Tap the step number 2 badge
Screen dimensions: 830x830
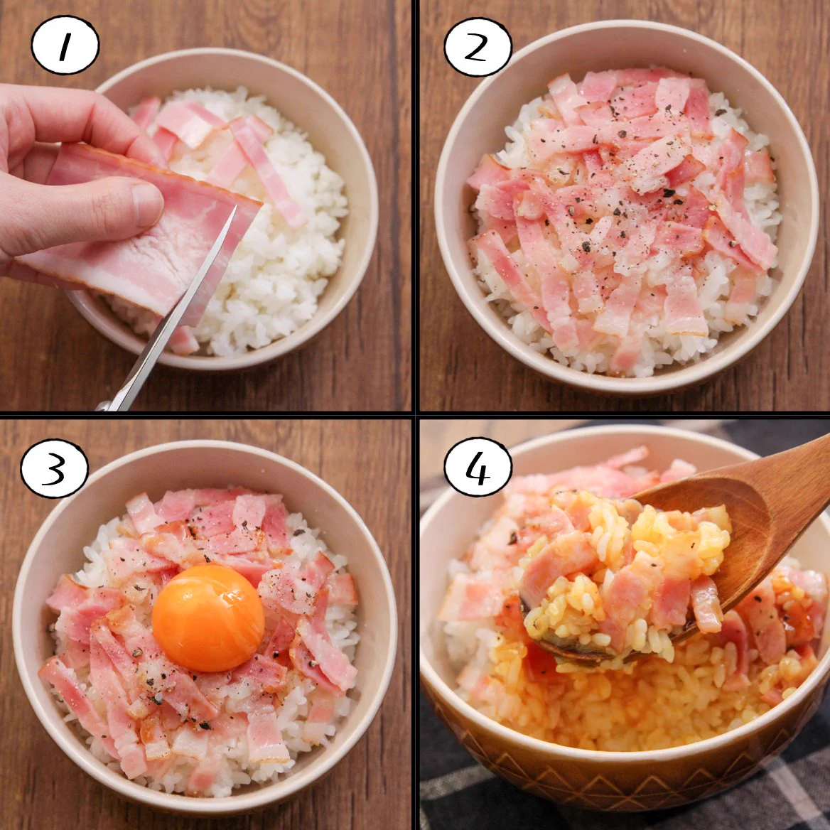[478, 47]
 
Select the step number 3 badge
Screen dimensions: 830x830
[55, 470]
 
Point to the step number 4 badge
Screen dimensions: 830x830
[478, 467]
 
